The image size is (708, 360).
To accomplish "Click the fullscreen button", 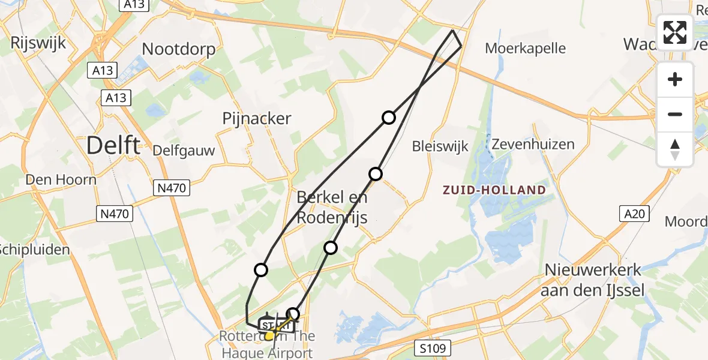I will (x=675, y=32).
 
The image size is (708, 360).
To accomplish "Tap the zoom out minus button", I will (x=675, y=114).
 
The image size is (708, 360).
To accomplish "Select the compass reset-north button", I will (x=675, y=149).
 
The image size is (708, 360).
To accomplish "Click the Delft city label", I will (x=113, y=145).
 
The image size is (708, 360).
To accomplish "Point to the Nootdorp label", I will (x=179, y=49).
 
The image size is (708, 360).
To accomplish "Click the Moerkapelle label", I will (x=525, y=48).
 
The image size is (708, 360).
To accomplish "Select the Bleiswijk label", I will (x=440, y=146).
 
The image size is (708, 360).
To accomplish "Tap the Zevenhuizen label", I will (x=533, y=144).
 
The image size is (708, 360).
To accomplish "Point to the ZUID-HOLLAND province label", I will (x=494, y=190).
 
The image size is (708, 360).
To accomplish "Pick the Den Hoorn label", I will (x=61, y=179).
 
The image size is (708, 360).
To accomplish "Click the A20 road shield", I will (x=631, y=214).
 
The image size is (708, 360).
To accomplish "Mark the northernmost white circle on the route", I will (x=389, y=118).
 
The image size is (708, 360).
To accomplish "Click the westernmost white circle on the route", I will (x=261, y=270).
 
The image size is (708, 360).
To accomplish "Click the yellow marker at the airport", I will (x=269, y=335).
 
